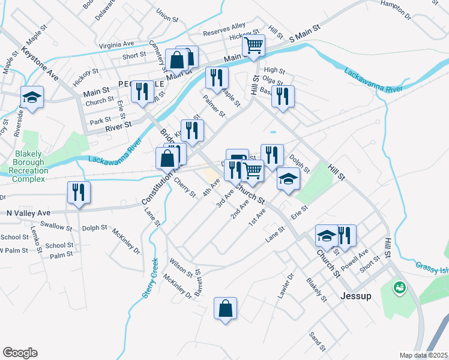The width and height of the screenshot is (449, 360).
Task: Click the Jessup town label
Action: [x=355, y=296]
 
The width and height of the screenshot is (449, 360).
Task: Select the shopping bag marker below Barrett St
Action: [x=225, y=309]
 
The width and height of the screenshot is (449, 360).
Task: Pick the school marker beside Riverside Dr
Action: [x=32, y=97]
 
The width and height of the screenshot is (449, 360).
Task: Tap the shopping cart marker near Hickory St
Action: [x=254, y=45]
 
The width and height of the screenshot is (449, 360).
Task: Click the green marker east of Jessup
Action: [x=399, y=288]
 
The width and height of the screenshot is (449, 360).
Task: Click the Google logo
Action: [x=20, y=353]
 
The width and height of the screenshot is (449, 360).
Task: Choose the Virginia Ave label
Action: [x=116, y=44]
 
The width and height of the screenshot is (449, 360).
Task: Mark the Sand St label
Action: [x=317, y=342]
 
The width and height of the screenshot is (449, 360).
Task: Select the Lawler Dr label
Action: [x=291, y=284]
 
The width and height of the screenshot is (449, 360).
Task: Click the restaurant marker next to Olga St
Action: [x=283, y=95]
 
